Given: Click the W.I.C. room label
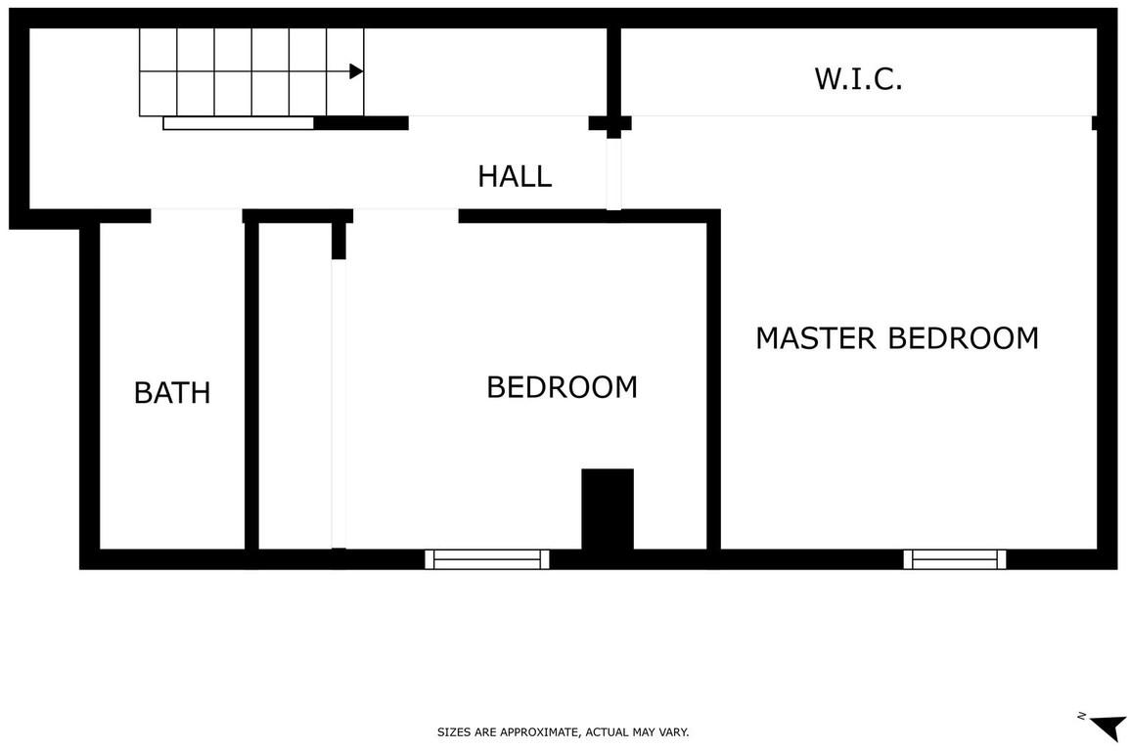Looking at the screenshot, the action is (858, 78).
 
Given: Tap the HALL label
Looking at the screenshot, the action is (515, 176).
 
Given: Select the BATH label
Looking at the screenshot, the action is (172, 393).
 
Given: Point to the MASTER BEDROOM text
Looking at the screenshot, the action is (897, 338).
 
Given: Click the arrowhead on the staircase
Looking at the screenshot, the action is (356, 71).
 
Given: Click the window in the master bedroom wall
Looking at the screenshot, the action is (955, 559).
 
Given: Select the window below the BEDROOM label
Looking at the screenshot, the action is (486, 559).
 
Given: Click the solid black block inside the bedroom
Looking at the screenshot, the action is (608, 509).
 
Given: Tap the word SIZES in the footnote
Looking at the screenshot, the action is (452, 732).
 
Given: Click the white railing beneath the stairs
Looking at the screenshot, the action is (239, 123).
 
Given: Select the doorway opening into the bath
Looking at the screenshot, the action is (197, 215).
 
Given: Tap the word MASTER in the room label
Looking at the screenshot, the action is (816, 338).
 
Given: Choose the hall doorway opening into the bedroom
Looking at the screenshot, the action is (406, 215).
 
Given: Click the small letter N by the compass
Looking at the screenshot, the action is (1082, 716).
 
